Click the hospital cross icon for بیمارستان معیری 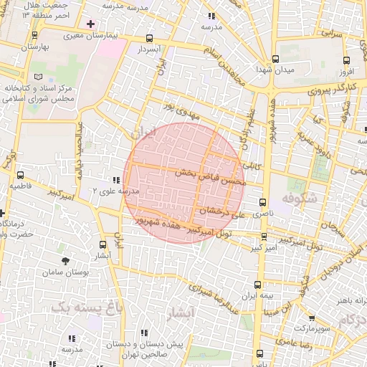pyautogui.click(x=90, y=24)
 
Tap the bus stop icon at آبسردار pyautogui.click(x=149, y=39)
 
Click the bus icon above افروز pyautogui.click(x=347, y=61)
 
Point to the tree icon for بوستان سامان pyautogui.click(x=66, y=262)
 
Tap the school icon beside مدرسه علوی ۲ pyautogui.click(x=115, y=181)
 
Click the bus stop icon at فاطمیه pyautogui.click(x=20, y=174)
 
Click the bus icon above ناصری pyautogui.click(x=263, y=203)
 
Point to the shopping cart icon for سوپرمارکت pyautogui.click(x=312, y=318)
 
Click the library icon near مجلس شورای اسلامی pyautogui.click(x=37, y=77)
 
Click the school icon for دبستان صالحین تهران pyautogui.click(x=144, y=333)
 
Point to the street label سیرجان pyautogui.click(x=324, y=224)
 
